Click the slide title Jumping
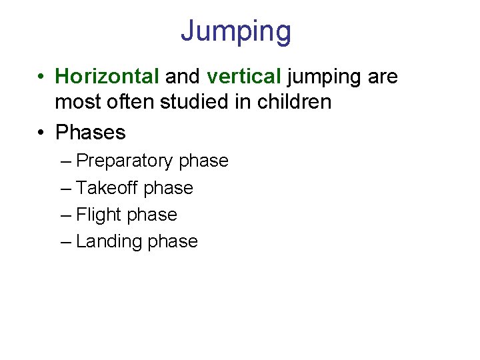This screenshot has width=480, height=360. (x=235, y=31)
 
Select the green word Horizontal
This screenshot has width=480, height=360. (x=107, y=77)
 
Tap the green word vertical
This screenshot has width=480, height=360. (x=243, y=77)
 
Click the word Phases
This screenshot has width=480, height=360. (x=91, y=132)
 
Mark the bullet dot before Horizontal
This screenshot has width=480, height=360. (x=41, y=77)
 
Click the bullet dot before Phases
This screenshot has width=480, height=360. (x=41, y=133)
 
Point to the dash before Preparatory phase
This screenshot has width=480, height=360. (x=65, y=161)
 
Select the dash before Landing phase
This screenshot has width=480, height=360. (x=65, y=241)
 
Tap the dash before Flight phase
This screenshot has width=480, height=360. (x=65, y=215)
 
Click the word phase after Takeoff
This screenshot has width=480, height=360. (x=168, y=189)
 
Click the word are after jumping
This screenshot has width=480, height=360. (x=383, y=77)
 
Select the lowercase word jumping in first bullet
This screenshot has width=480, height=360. (x=324, y=77)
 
